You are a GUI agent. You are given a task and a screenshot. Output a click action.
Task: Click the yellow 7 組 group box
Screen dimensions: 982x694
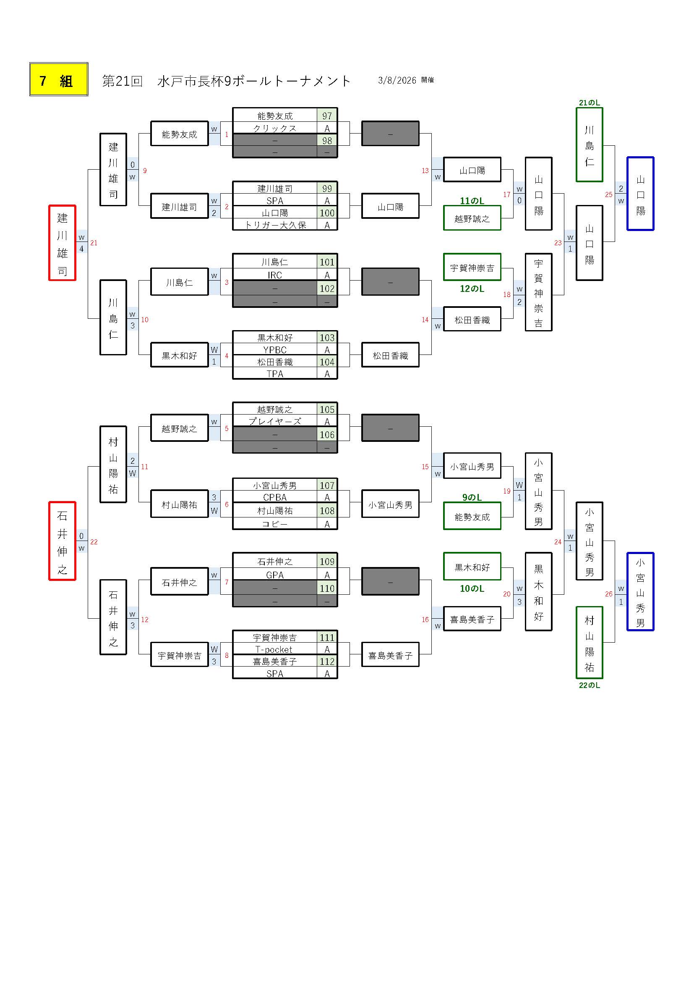coord(59,79)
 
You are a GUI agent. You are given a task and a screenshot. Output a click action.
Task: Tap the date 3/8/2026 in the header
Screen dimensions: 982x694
coord(397,80)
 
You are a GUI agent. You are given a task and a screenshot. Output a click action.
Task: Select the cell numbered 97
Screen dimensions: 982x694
coord(327,116)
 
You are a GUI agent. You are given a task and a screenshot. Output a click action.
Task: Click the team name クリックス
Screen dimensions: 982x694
coord(275,128)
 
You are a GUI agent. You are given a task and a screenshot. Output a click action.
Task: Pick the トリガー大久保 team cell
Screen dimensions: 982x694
coord(275,225)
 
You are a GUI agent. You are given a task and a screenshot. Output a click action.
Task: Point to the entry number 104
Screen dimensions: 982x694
coord(327,362)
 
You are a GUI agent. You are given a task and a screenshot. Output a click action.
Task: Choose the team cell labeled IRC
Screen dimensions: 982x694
coord(275,275)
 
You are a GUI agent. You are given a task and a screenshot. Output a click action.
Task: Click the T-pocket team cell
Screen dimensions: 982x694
coord(275,649)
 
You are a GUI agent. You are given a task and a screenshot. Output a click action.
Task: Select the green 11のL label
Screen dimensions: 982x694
coord(472,201)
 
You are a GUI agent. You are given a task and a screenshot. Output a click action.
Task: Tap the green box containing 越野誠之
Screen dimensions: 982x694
coord(472,219)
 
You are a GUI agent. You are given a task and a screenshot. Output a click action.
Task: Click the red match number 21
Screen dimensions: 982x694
coord(94,243)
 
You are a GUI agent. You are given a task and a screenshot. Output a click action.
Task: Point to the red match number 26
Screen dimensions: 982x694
coord(608,593)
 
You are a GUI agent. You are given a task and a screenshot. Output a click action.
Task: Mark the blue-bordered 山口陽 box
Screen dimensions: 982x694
coord(640,194)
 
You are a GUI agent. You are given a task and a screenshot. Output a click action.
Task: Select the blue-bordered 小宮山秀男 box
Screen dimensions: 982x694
coord(640,591)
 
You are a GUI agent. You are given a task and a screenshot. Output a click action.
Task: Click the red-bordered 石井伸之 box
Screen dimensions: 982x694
coord(63,541)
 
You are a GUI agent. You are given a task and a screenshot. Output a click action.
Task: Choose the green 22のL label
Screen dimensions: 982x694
coord(589,685)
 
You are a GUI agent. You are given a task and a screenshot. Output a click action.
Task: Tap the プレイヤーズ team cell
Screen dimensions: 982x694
coord(275,421)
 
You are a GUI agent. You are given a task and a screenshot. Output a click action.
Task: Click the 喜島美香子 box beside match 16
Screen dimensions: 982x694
coord(472,619)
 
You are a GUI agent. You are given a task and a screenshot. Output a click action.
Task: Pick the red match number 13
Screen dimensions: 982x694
coord(425,171)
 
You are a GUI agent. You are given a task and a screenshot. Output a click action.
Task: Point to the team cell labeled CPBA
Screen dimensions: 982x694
coord(275,497)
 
